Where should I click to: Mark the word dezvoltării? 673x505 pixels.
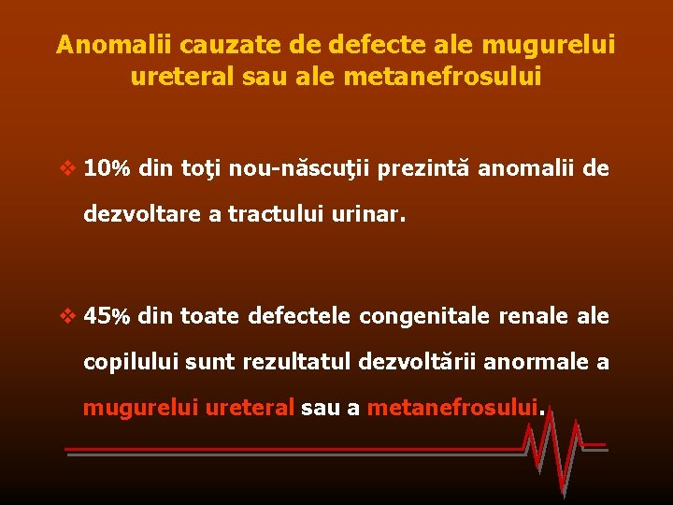tap(421, 361)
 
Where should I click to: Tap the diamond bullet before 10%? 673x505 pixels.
tap(67, 169)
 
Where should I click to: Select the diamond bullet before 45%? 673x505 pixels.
tap(67, 317)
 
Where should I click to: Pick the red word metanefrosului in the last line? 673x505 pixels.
tap(453, 408)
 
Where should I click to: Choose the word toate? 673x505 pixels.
tap(211, 316)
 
